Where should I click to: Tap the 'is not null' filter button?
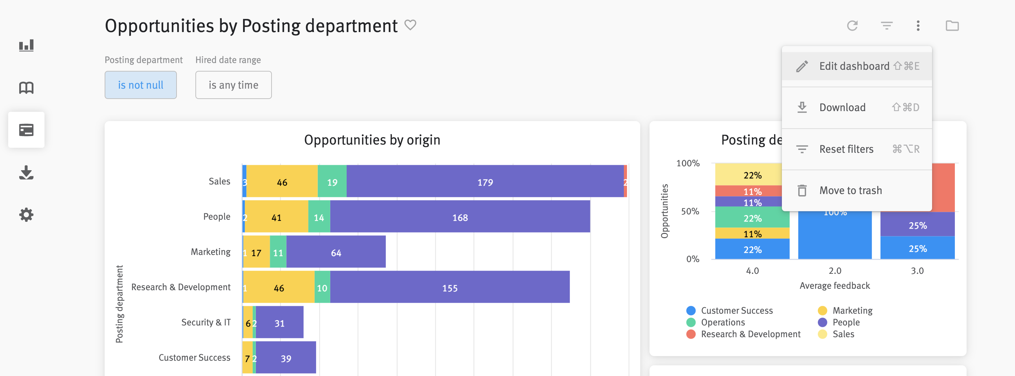tap(140, 85)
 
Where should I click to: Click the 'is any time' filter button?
tap(233, 85)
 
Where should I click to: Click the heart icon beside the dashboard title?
tap(410, 25)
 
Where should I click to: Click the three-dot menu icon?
tap(918, 26)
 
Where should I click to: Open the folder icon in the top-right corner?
tap(952, 26)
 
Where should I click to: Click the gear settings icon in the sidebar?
tap(26, 215)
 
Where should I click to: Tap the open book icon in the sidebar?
tap(26, 88)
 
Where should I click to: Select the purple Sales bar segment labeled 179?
tap(485, 182)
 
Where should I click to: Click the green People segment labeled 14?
tap(319, 217)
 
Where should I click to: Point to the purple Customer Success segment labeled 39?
tap(286, 358)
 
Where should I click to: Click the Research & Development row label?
tap(180, 287)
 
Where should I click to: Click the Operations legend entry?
tap(722, 322)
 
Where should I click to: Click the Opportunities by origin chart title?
tap(372, 140)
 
